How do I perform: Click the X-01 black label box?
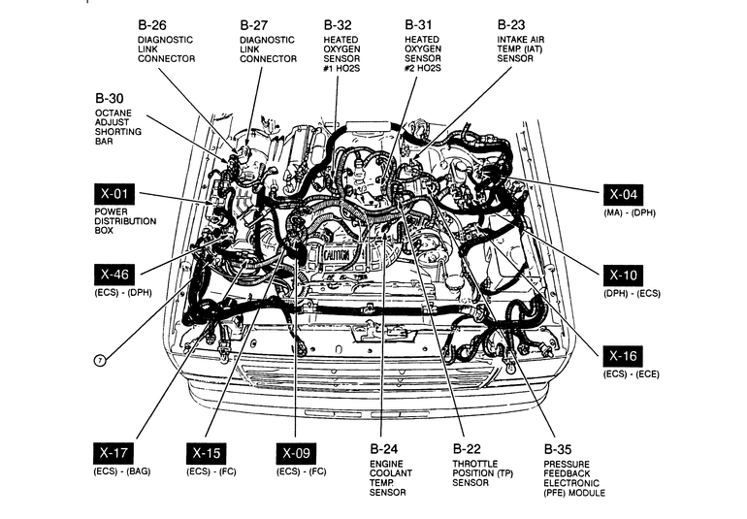114,194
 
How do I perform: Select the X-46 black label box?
114,274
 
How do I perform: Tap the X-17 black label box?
114,453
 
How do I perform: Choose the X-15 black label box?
207,453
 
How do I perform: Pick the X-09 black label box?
296,453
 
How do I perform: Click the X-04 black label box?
623,195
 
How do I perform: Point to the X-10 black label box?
623,276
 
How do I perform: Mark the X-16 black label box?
623,356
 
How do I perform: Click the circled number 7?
100,361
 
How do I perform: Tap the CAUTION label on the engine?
337,255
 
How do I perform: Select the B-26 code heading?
152,25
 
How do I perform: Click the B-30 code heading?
109,98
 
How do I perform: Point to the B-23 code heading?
511,24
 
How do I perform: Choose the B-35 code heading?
558,449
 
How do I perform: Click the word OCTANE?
114,113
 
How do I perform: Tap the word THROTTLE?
475,464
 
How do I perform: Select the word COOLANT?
391,473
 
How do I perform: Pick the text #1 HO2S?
341,68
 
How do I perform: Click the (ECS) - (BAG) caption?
122,471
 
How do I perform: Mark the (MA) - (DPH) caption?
630,212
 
